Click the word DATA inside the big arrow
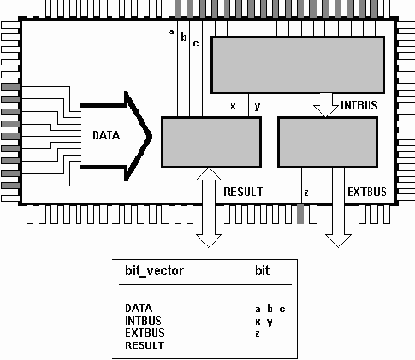(107, 135)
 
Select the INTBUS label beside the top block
(359, 106)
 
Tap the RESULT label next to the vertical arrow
(242, 192)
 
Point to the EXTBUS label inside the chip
(365, 192)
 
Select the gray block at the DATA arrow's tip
(210, 141)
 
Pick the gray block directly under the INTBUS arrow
(328, 141)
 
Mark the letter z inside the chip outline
(305, 192)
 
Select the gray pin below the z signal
(300, 215)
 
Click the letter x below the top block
(233, 106)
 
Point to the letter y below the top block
(258, 106)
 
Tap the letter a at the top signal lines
(172, 32)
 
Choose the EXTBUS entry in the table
(145, 333)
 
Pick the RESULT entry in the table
(144, 345)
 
